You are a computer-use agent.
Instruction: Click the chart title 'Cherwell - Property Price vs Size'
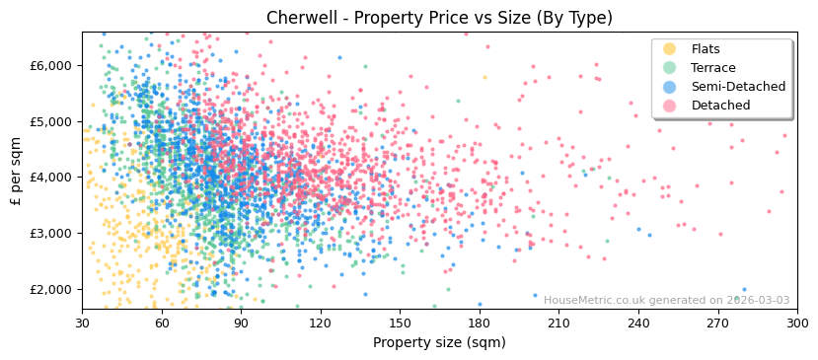coord(439,18)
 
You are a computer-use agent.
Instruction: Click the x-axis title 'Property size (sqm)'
coord(439,343)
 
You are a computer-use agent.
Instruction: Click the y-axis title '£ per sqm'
coord(16,171)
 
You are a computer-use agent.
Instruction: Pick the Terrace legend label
coord(713,68)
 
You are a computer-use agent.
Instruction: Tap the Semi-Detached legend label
coord(738,87)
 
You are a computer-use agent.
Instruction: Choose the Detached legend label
coord(720,106)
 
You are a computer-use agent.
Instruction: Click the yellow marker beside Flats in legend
coord(669,49)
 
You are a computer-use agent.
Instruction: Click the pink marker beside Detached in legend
coord(669,106)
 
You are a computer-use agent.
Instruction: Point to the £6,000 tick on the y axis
coord(51,65)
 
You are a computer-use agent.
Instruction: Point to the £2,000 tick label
coord(51,289)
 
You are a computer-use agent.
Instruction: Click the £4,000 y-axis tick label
coord(51,178)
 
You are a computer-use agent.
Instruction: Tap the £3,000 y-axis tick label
coord(51,234)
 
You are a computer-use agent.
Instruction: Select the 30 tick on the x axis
coord(82,323)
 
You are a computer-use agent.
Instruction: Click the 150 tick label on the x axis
coord(400,323)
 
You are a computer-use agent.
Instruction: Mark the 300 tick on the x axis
coord(797,323)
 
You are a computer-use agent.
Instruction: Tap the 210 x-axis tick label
coord(558,323)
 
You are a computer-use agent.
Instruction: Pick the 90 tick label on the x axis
coord(241,323)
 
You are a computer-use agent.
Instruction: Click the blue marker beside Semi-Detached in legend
coord(669,87)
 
